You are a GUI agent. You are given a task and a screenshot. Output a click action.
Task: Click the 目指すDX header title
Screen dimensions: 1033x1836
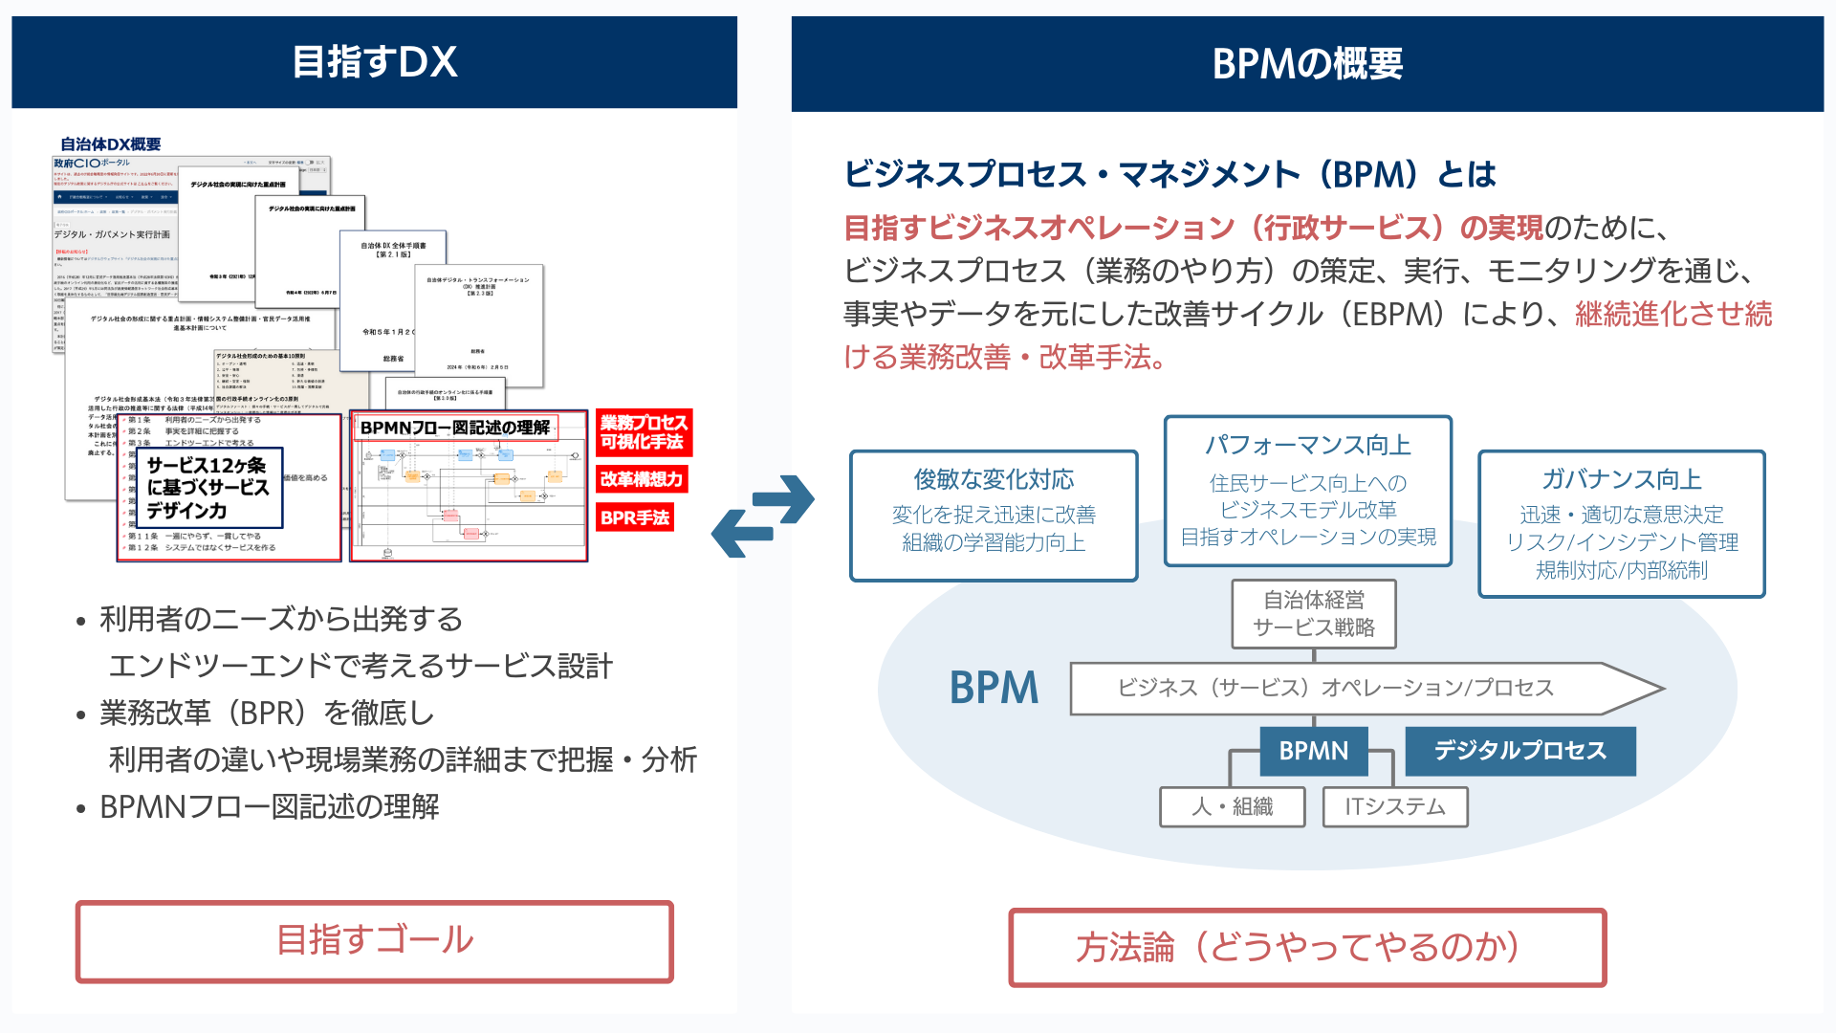(374, 62)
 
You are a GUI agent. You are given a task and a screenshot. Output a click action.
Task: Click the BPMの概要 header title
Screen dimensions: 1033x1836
(1306, 64)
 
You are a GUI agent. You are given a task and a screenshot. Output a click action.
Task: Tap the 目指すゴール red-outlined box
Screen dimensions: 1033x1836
(374, 940)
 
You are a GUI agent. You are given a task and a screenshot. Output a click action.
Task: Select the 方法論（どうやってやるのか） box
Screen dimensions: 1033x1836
(1306, 947)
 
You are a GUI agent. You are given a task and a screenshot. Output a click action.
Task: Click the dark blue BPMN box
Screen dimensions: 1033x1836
(1313, 751)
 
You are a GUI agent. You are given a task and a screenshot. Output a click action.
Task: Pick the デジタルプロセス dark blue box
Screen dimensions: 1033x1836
(1519, 751)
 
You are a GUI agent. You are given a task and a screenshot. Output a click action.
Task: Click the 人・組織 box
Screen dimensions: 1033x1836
(1232, 806)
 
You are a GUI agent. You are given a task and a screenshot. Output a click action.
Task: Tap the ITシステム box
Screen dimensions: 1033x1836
(1394, 806)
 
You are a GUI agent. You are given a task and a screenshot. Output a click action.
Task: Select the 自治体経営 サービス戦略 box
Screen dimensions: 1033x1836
(1313, 614)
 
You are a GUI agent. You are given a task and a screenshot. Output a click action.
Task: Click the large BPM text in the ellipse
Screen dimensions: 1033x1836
(994, 688)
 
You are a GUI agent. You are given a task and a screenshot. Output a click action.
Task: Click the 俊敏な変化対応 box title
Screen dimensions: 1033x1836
(994, 479)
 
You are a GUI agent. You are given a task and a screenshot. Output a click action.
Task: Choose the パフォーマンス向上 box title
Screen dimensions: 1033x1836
(1307, 445)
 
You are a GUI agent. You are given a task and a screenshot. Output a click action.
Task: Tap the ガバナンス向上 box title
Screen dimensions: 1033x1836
(1621, 479)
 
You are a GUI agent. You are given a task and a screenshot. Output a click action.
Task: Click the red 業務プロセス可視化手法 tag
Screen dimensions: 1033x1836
(643, 432)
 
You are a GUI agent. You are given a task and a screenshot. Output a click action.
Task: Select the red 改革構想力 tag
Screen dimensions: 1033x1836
(642, 479)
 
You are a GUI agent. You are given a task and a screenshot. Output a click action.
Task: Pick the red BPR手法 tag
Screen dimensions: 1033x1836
(635, 517)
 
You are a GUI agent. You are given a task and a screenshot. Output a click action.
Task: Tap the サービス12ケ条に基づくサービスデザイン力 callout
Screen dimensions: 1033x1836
(209, 488)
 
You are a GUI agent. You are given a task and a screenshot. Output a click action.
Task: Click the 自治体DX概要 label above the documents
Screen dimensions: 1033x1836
(110, 144)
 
